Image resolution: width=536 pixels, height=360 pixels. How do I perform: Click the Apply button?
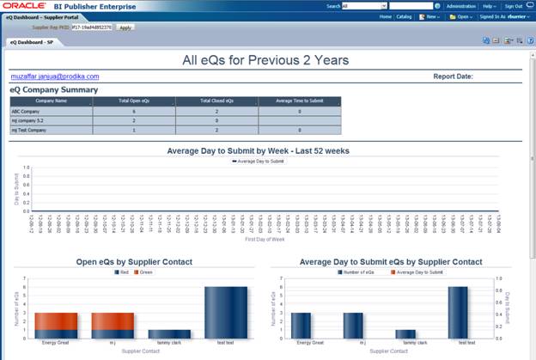[x=125, y=27]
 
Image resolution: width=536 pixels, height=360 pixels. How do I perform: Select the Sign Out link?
[x=513, y=5]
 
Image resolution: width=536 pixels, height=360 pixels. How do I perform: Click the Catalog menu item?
[x=404, y=16]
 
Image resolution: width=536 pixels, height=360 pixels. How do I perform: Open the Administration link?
[x=460, y=5]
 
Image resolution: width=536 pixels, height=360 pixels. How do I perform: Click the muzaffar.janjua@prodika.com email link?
[x=54, y=76]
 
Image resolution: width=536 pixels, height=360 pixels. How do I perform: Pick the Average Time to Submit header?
[x=298, y=101]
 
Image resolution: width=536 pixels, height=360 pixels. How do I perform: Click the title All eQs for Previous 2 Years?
[x=266, y=60]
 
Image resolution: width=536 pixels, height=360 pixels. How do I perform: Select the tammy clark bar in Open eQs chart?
[x=169, y=333]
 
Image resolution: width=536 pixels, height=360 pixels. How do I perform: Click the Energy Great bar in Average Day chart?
[x=301, y=325]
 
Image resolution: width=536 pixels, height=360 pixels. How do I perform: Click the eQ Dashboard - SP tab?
[x=31, y=40]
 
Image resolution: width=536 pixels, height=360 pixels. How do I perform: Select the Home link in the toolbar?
[x=386, y=16]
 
